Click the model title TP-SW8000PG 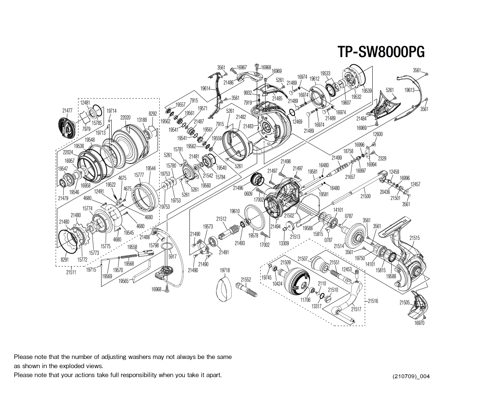tap(381, 52)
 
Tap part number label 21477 tap(67, 111)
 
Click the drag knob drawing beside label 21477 tap(67, 127)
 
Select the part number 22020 tap(125, 117)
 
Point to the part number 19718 tap(225, 270)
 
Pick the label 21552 tap(246, 280)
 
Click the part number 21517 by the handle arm tap(356, 309)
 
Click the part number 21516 tap(373, 301)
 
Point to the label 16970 tap(419, 323)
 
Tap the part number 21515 tap(415, 238)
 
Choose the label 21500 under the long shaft tap(366, 196)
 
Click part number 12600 tap(378, 134)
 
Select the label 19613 tap(410, 90)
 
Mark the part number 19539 tap(367, 91)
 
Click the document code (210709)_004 tap(411, 376)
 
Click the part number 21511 tap(71, 272)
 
